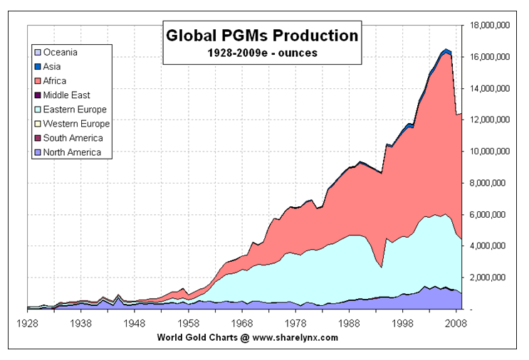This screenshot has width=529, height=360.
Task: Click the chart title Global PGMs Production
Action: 261,34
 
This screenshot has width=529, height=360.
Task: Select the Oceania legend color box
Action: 37,53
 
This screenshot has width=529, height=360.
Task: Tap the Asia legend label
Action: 53,67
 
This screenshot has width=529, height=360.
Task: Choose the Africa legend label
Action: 56,81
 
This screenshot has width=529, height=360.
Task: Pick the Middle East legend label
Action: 66,95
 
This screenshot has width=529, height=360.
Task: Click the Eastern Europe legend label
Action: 75,110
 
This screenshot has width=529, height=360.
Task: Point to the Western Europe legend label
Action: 76,124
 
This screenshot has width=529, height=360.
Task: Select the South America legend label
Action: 73,138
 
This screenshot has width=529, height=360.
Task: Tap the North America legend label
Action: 72,152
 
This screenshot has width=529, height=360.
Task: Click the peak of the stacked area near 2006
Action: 446,49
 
